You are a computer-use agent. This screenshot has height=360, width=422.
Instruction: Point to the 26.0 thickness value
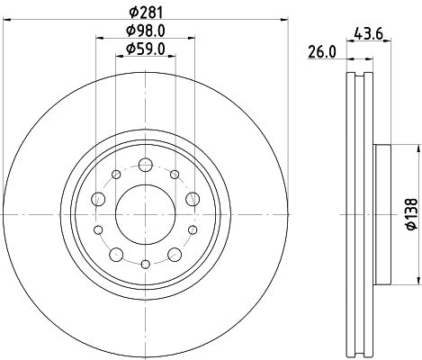click(322, 51)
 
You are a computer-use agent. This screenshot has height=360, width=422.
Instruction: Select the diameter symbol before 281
click(131, 12)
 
